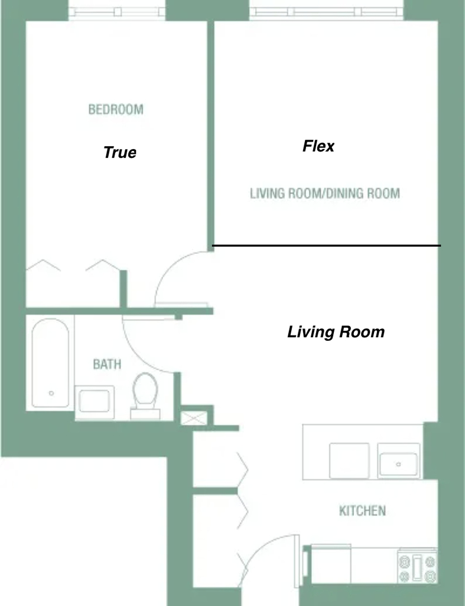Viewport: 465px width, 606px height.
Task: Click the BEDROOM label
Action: pyautogui.click(x=116, y=109)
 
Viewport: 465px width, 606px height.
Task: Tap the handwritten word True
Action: pyautogui.click(x=119, y=152)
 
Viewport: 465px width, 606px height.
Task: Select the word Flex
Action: pyautogui.click(x=318, y=146)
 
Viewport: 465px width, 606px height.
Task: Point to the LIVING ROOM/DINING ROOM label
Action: pyautogui.click(x=325, y=194)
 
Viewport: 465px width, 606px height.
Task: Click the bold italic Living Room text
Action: pyautogui.click(x=336, y=332)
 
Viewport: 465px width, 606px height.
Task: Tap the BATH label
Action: pyautogui.click(x=108, y=364)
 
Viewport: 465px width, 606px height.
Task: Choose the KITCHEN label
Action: pyautogui.click(x=362, y=511)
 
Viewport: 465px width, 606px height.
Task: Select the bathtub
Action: pyautogui.click(x=50, y=363)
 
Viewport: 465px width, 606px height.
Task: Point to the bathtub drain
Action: pyautogui.click(x=51, y=394)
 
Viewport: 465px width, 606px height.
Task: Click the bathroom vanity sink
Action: pyautogui.click(x=94, y=402)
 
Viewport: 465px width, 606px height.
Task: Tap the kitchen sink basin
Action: pyautogui.click(x=398, y=464)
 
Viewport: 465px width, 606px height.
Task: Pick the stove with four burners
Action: pyautogui.click(x=418, y=565)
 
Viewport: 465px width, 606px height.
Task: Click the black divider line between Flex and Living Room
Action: pyautogui.click(x=327, y=246)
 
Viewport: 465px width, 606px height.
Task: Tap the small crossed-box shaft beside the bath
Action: pyautogui.click(x=194, y=418)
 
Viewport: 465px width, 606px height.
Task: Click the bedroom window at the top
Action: pyautogui.click(x=117, y=12)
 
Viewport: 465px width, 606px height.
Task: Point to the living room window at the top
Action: pyautogui.click(x=327, y=12)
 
